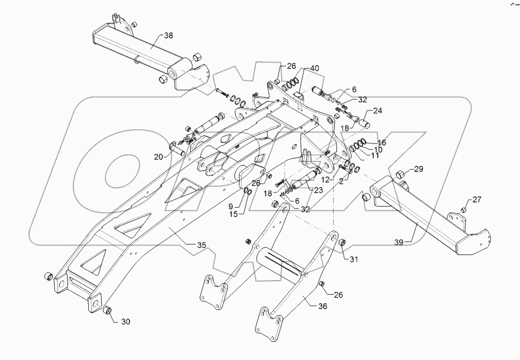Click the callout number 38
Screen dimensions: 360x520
click(x=168, y=35)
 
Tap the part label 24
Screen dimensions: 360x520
click(x=378, y=111)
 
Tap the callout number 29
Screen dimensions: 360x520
click(x=418, y=169)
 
